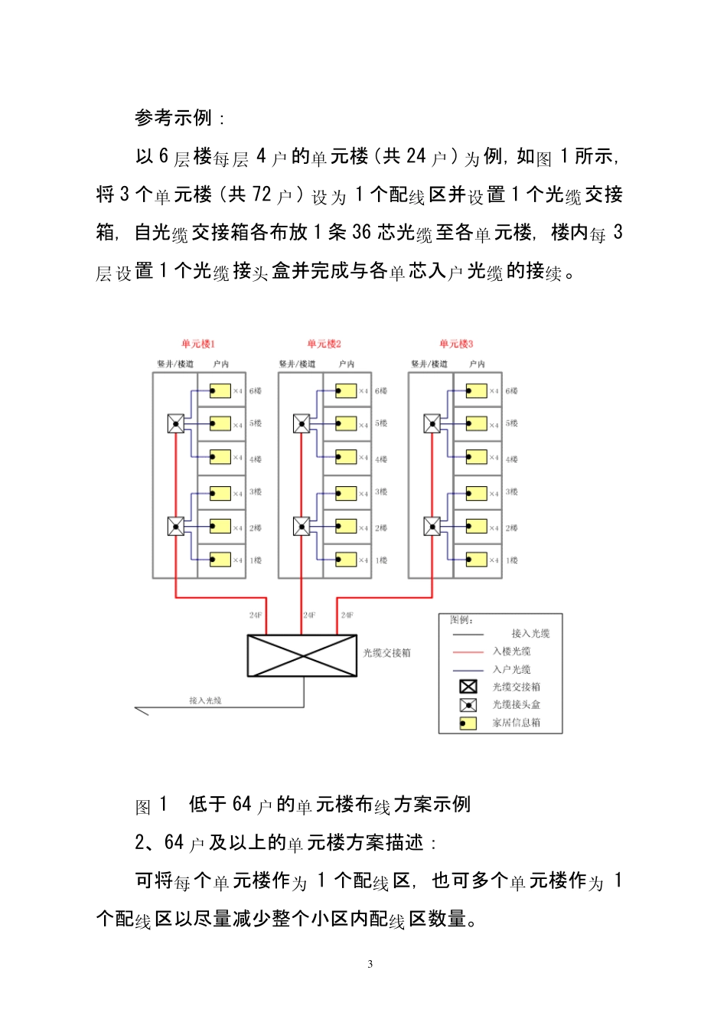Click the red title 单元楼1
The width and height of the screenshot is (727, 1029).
click(x=198, y=344)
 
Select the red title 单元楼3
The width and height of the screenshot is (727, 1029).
click(x=456, y=344)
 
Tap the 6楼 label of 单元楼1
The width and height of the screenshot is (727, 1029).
click(x=256, y=390)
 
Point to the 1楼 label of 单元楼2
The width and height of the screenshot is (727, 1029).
click(x=381, y=560)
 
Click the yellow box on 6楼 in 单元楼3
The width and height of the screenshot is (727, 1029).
click(x=477, y=391)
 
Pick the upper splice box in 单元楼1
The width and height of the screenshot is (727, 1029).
click(x=176, y=423)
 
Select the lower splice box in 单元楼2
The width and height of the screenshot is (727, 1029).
click(x=302, y=527)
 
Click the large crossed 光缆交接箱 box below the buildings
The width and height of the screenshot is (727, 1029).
click(x=302, y=655)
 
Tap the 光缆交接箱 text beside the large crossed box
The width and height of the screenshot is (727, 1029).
click(x=387, y=653)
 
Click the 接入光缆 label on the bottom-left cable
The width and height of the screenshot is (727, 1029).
click(x=205, y=701)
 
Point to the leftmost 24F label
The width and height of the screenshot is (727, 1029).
click(x=256, y=615)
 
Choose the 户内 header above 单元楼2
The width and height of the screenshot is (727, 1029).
click(x=347, y=364)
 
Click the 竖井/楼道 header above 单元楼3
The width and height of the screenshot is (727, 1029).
click(x=429, y=364)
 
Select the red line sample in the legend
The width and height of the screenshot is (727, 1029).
click(x=468, y=652)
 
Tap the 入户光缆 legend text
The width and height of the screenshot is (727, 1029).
click(x=512, y=669)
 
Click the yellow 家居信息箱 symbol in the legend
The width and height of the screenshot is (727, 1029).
click(x=468, y=723)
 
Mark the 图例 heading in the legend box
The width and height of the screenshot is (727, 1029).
click(x=461, y=619)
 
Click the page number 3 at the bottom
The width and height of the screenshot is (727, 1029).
click(x=370, y=964)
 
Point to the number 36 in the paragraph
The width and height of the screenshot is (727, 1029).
click(x=361, y=232)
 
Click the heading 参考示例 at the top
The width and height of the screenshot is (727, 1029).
click(x=174, y=118)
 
